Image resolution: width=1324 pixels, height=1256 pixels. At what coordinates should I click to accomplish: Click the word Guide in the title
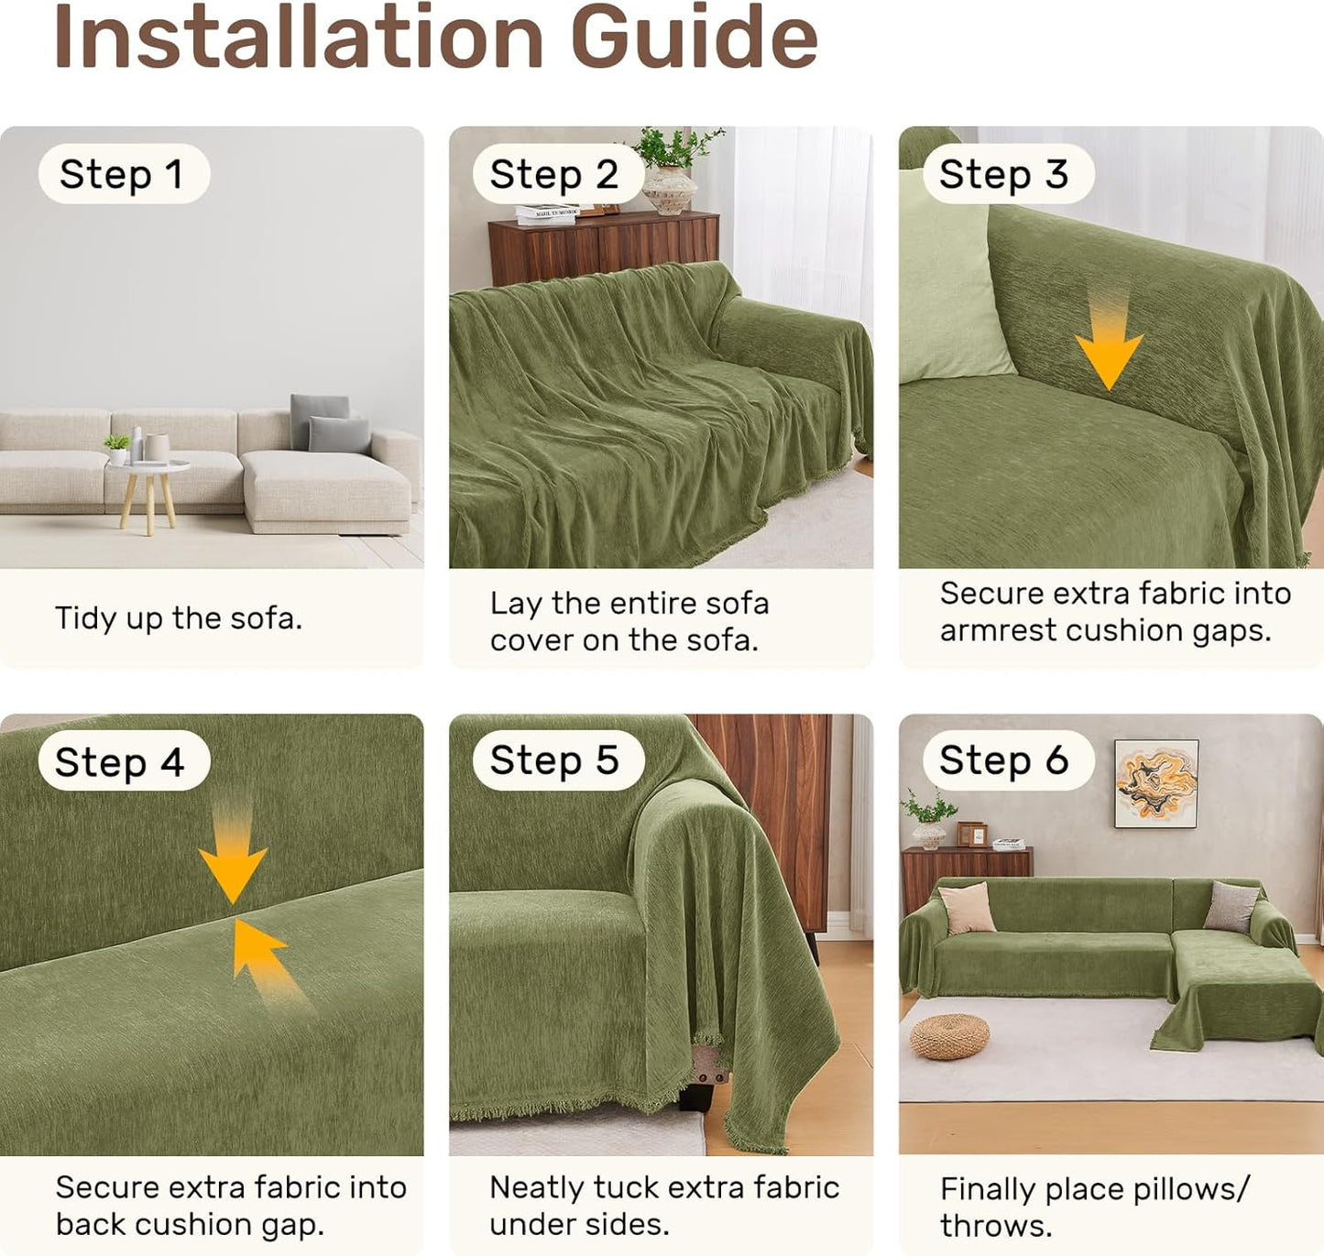pyautogui.click(x=695, y=37)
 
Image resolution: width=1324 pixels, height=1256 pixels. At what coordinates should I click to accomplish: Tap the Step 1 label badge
pyautogui.click(x=124, y=174)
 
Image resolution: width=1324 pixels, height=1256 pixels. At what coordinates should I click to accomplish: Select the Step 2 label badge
pyautogui.click(x=558, y=174)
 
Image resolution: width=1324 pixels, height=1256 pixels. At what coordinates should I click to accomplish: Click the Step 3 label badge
pyautogui.click(x=1008, y=174)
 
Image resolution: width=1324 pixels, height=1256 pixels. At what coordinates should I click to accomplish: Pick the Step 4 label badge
pyautogui.click(x=124, y=761)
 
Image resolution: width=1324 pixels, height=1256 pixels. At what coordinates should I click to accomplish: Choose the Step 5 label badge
pyautogui.click(x=558, y=759)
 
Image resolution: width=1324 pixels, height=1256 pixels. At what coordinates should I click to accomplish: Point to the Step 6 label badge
pyautogui.click(x=1008, y=759)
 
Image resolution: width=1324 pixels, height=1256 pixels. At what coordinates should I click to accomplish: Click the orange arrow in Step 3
pyautogui.click(x=1109, y=340)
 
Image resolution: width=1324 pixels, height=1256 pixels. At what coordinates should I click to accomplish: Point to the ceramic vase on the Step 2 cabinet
pyautogui.click(x=670, y=190)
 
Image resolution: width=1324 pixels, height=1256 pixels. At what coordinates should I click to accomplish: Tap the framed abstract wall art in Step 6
pyautogui.click(x=1156, y=784)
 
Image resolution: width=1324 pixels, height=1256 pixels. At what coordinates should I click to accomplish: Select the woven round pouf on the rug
pyautogui.click(x=949, y=1037)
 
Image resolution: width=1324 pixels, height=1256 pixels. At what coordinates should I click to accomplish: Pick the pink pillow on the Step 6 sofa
pyautogui.click(x=966, y=909)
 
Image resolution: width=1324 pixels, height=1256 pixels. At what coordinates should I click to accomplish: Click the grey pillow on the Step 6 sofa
pyautogui.click(x=1231, y=906)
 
